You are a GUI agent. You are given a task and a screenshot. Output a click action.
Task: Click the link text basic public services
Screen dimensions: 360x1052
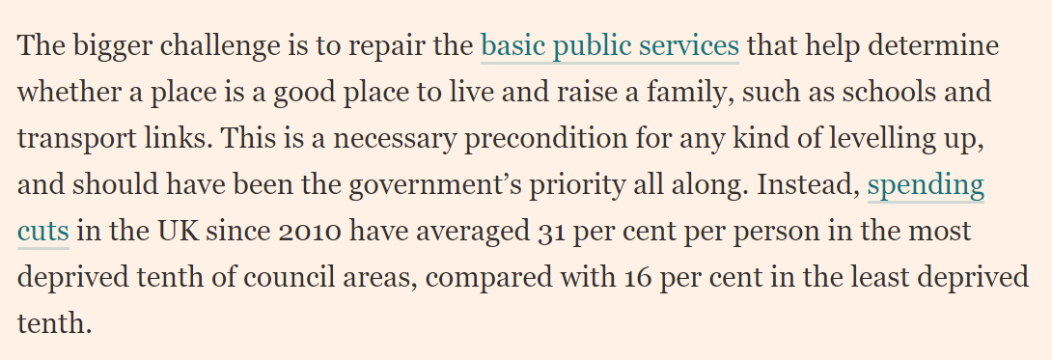click(x=609, y=45)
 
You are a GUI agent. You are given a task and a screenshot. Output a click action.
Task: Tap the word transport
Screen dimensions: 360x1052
click(x=69, y=138)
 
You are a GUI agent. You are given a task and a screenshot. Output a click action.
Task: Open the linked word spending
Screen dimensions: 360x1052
click(x=926, y=184)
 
